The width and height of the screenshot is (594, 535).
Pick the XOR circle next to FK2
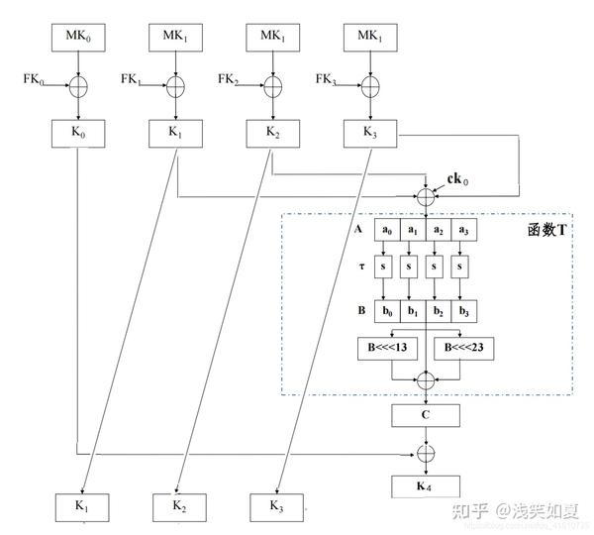(x=272, y=87)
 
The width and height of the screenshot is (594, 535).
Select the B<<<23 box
(x=462, y=349)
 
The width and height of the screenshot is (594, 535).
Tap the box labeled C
(x=426, y=414)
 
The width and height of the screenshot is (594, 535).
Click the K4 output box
(x=426, y=486)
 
